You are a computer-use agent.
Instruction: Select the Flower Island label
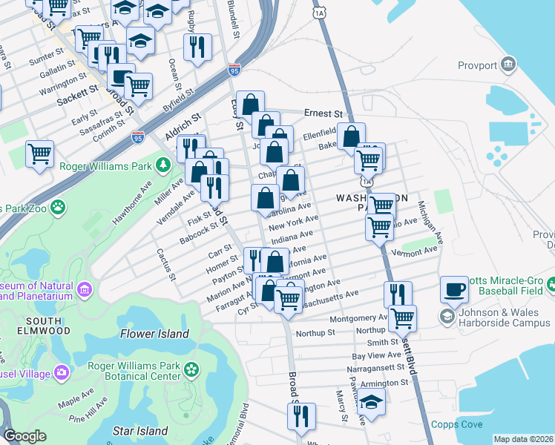(159, 334)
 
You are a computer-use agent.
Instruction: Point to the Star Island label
(142, 430)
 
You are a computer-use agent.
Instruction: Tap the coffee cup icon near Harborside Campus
(454, 291)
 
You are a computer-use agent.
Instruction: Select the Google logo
(24, 437)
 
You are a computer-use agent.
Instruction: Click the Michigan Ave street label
(430, 223)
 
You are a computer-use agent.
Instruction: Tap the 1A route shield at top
(318, 13)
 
